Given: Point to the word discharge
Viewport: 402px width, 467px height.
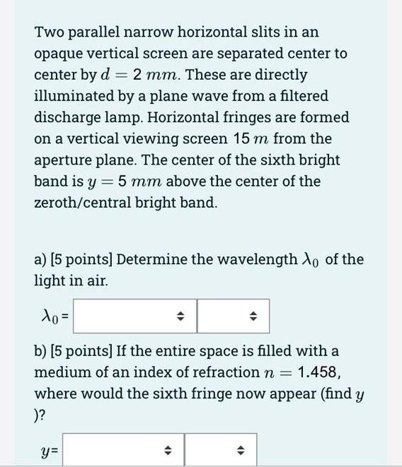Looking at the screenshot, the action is tap(67, 118).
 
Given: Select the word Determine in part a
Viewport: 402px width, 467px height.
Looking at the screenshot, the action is tap(151, 259).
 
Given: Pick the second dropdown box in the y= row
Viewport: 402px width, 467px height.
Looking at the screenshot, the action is tap(221, 450).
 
